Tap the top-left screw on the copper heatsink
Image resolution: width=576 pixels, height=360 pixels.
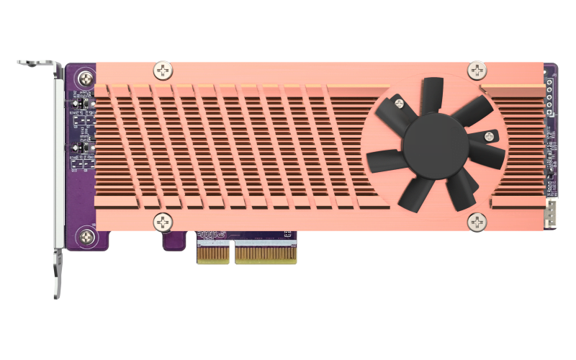[x=163, y=71]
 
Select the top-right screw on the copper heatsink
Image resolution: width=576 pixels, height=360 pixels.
[x=477, y=70]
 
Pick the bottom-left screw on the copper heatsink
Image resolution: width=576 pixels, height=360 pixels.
[x=163, y=221]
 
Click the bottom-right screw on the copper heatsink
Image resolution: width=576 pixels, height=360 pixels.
[x=477, y=221]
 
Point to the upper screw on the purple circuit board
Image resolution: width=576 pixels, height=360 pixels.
[x=86, y=78]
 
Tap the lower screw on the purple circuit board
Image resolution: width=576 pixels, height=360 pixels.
[x=87, y=235]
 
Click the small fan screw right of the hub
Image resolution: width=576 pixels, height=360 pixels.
[x=490, y=136]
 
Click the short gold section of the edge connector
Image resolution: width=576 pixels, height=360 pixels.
[x=213, y=251]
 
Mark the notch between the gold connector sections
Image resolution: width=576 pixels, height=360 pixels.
[x=232, y=252]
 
